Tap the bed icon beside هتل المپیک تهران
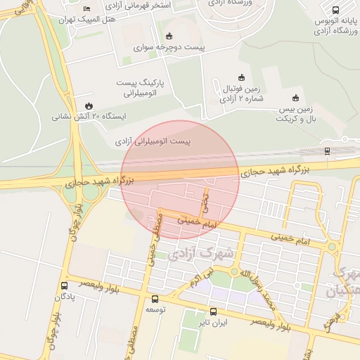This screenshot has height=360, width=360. pos(86,8)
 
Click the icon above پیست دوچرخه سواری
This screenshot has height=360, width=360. pos(168,36)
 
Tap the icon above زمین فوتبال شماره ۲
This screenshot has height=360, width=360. pos(241,77)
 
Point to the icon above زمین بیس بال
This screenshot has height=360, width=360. pos(295,98)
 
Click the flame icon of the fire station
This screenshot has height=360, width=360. pos(88,104)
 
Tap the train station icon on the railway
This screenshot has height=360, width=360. pos(328,150)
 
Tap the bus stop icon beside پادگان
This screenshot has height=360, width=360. pos(65,285)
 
